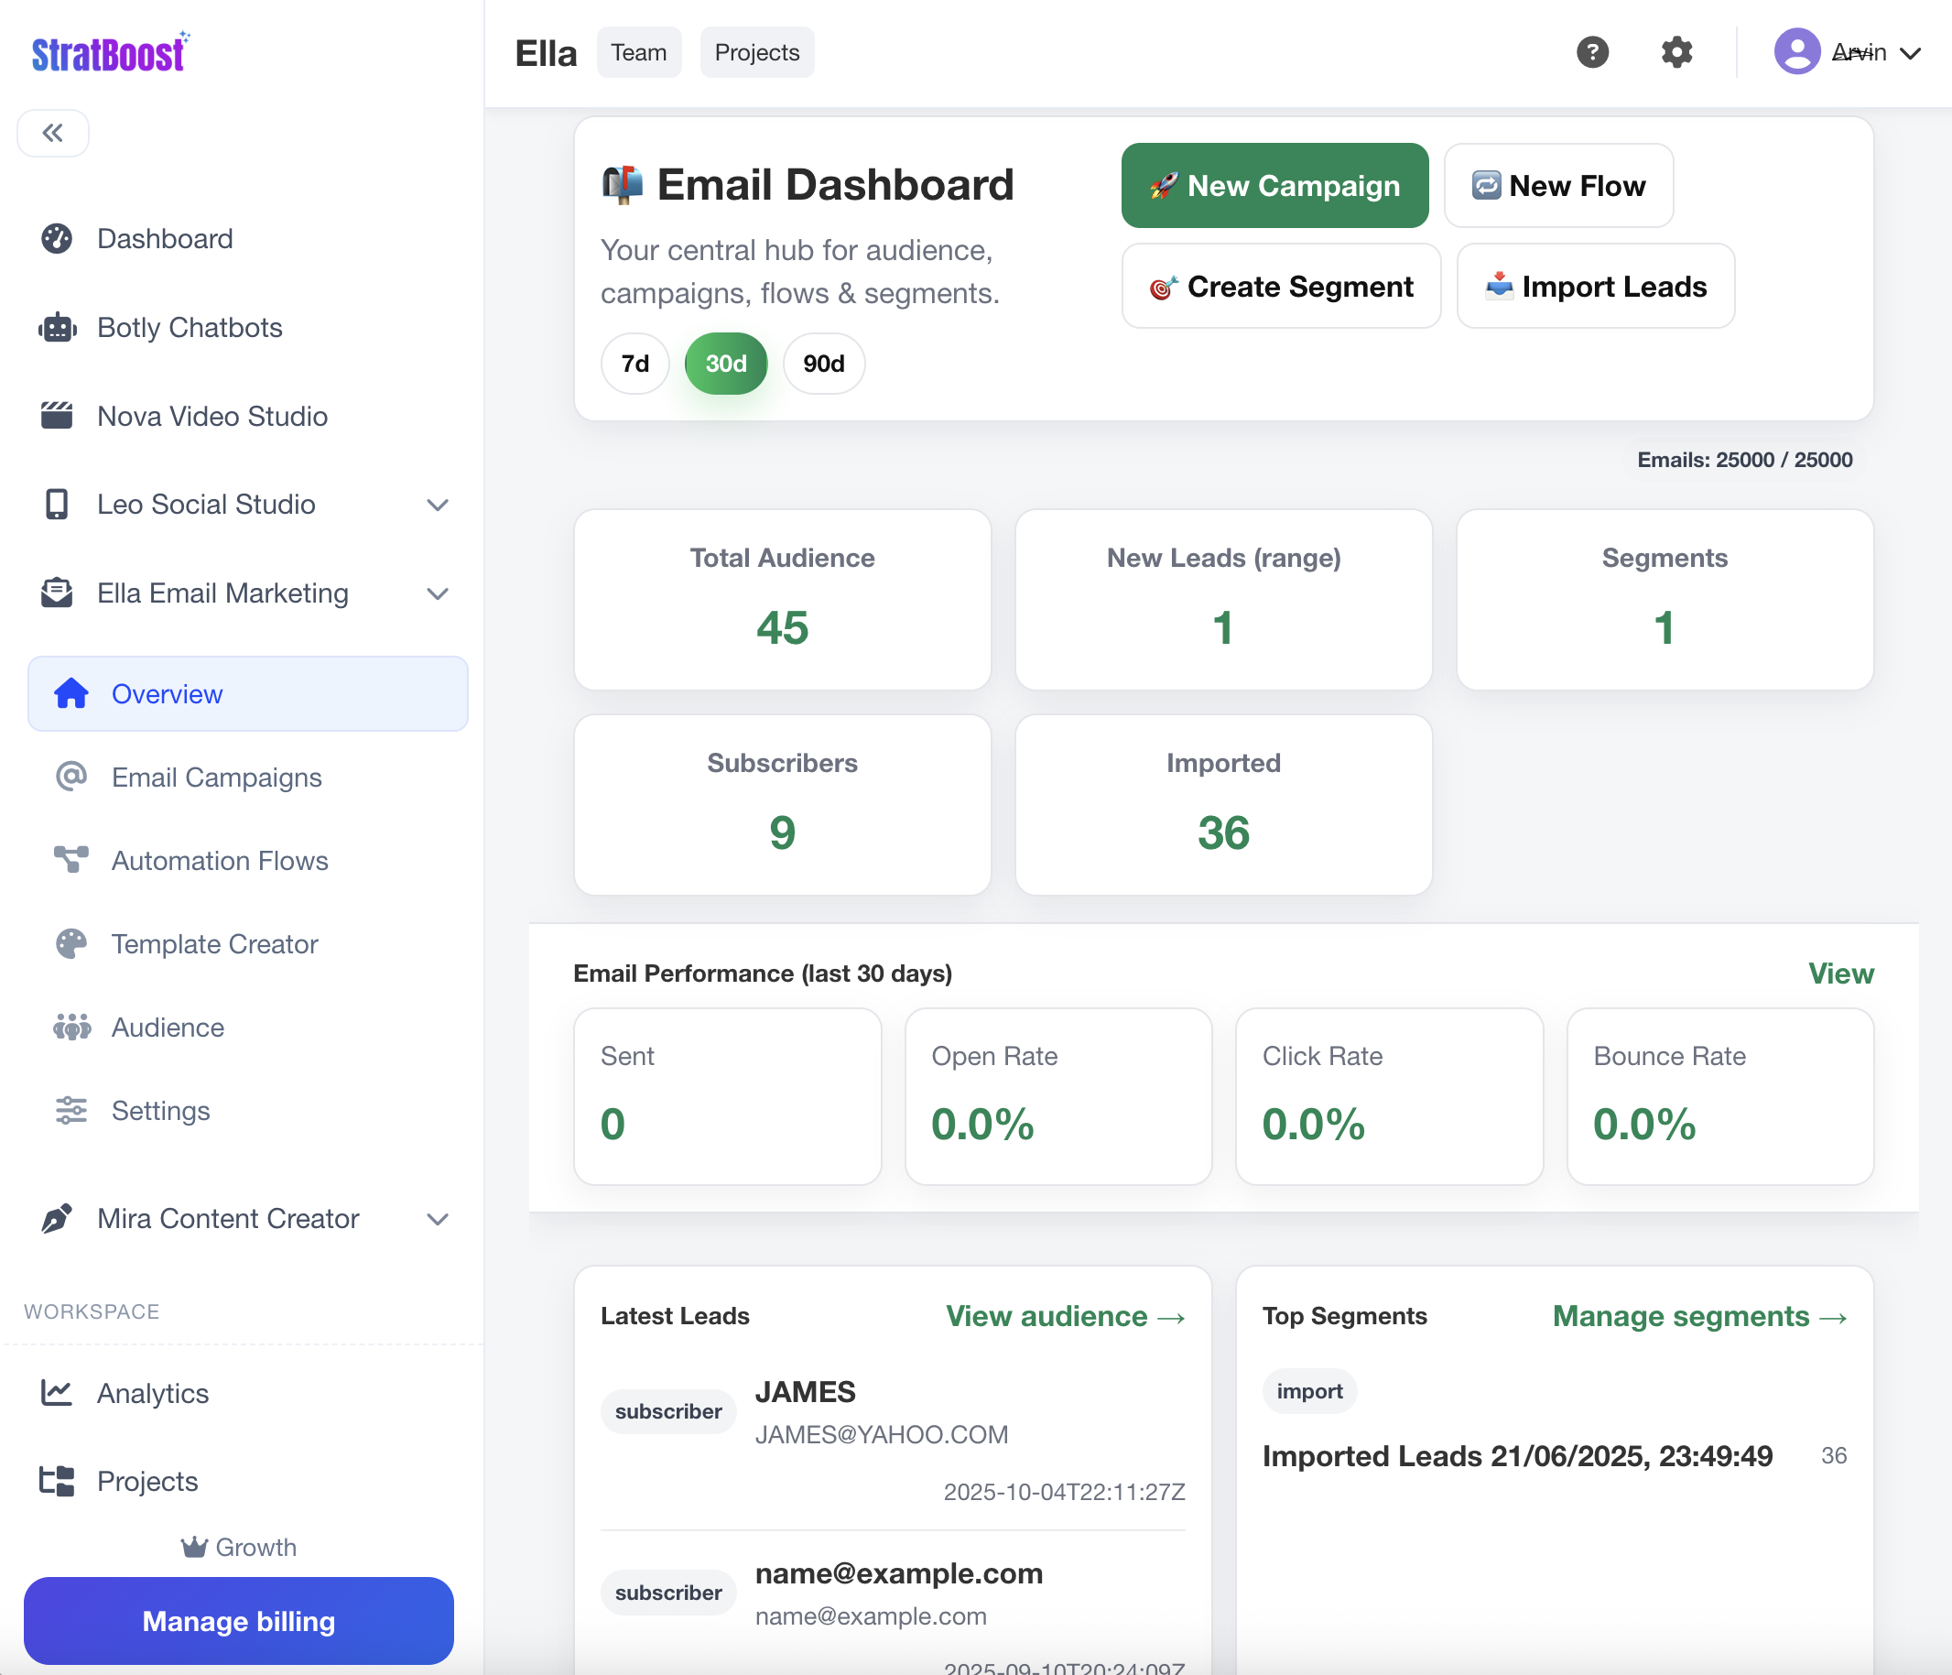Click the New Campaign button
click(x=1274, y=186)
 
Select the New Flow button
click(x=1558, y=186)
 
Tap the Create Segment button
click(x=1280, y=287)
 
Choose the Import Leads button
click(x=1595, y=287)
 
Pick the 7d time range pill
click(x=635, y=364)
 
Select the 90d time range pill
click(x=823, y=364)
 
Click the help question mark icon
click(x=1592, y=53)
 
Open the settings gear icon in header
click(x=1676, y=53)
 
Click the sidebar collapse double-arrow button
click(x=53, y=133)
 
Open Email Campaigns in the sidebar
click(x=216, y=778)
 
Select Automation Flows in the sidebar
click(x=220, y=861)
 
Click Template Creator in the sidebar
click(x=214, y=944)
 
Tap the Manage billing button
click(x=238, y=1621)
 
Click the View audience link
click(x=1065, y=1316)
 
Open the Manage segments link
click(x=1698, y=1316)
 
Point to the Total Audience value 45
click(x=782, y=627)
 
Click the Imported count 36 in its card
click(x=1223, y=832)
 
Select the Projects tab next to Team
click(x=756, y=53)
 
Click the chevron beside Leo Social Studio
click(x=437, y=505)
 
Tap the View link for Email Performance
click(x=1840, y=973)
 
